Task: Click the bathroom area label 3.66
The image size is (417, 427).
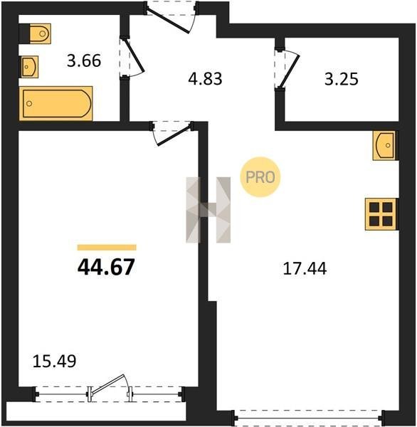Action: tap(84, 60)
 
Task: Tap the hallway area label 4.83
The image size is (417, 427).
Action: tap(205, 79)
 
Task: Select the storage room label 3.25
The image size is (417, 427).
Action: tap(342, 79)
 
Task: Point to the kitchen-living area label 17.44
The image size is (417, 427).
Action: tap(305, 268)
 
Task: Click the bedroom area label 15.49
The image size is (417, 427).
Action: tap(54, 362)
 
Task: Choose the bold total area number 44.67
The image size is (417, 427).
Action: tap(106, 267)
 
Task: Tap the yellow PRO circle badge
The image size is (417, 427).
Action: tap(260, 177)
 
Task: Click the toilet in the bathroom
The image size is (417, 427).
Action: tap(38, 33)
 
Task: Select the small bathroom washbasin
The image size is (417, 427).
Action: tap(29, 67)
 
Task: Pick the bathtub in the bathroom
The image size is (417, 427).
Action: tap(56, 103)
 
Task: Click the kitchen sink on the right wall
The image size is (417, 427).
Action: tap(385, 145)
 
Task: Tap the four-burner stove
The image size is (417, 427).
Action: tap(381, 214)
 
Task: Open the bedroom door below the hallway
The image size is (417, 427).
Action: tap(172, 133)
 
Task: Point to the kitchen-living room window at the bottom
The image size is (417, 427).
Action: tap(309, 417)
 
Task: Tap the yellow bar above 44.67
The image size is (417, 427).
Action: tap(107, 247)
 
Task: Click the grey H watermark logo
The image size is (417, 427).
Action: tap(208, 210)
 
